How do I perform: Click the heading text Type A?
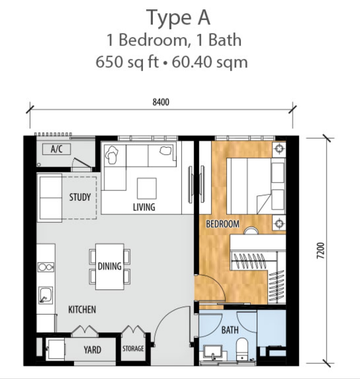pos(178,18)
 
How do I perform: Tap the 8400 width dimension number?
pos(161,102)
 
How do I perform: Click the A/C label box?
pos(56,149)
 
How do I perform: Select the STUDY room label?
pos(80,197)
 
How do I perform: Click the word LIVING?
pos(144,207)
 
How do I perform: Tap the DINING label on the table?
pos(109,266)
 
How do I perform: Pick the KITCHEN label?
pos(82,309)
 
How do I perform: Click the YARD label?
pos(92,350)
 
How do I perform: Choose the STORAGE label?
pos(133,348)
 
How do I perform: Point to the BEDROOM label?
pos(223,224)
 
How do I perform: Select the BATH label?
pos(230,330)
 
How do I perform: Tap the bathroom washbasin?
pos(213,353)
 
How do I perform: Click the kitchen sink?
pos(45,295)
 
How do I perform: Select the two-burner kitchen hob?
pos(46,267)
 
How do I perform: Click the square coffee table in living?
pos(147,188)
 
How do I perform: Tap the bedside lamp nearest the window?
pos(279,148)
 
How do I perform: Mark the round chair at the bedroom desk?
pos(251,231)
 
